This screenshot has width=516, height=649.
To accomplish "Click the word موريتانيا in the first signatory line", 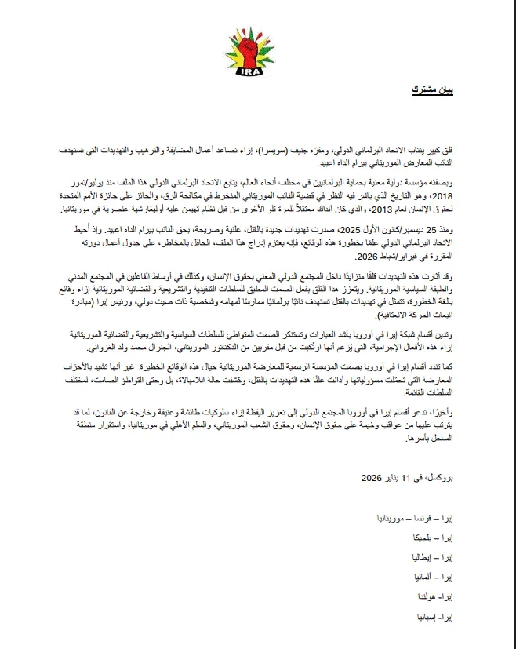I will (394, 520).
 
